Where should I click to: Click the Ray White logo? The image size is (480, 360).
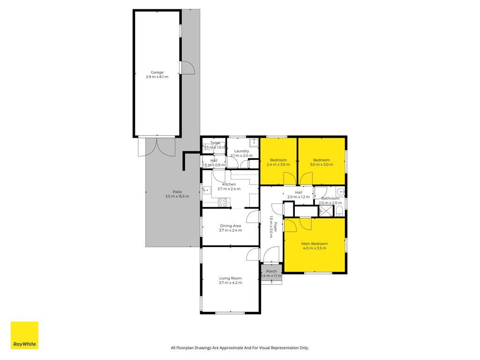[x=24, y=335]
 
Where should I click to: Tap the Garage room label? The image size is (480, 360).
[x=157, y=73]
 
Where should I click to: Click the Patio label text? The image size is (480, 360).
[x=177, y=192]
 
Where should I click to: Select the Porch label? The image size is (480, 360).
[x=271, y=271]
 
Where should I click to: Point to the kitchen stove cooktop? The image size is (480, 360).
[x=223, y=202]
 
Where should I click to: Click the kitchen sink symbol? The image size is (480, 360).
[x=207, y=190]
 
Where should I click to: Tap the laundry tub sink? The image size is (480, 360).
[x=254, y=142]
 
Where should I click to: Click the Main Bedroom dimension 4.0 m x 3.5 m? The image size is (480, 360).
[x=315, y=248]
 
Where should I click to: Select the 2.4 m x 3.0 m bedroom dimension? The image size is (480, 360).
[x=278, y=165]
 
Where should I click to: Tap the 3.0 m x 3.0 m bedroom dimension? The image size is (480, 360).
[x=322, y=165]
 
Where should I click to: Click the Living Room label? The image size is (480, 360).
[x=231, y=278]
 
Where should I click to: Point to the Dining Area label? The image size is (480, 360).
[x=231, y=226]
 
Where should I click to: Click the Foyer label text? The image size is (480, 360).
[x=276, y=227]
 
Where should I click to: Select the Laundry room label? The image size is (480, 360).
[x=241, y=151]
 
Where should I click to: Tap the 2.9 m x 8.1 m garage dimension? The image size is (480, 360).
[x=157, y=77]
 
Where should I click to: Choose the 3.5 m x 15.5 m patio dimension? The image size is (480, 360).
[x=177, y=196]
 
